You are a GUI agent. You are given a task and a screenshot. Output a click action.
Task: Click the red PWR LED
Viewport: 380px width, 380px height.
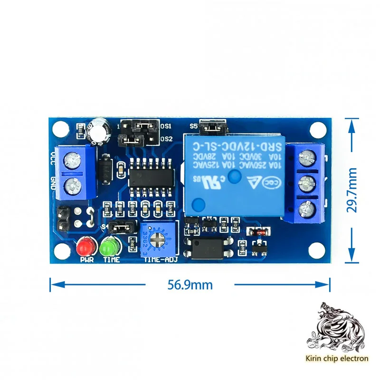(x=86, y=247)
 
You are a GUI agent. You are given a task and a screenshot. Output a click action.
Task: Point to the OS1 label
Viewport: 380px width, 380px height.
(x=166, y=127)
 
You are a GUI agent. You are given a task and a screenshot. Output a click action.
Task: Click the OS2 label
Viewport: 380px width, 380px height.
(x=166, y=139)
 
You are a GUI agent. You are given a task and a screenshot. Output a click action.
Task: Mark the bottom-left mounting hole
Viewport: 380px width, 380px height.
(x=61, y=250)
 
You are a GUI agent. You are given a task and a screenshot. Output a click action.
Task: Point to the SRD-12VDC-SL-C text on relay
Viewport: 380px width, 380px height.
(x=232, y=144)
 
